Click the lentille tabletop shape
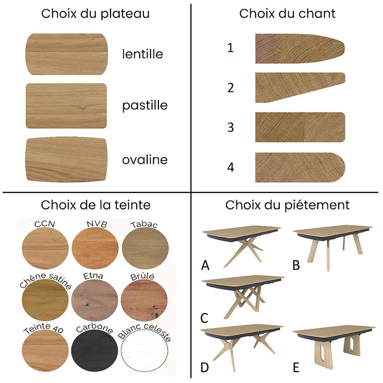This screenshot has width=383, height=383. (x=67, y=54)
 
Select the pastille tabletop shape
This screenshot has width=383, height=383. (x=66, y=106)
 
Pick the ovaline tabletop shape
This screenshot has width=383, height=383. (x=66, y=159)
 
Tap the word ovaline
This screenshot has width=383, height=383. (x=145, y=160)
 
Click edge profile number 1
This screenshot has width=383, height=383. (x=300, y=49)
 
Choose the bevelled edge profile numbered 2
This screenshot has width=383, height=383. (x=300, y=87)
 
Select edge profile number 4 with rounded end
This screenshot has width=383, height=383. (x=300, y=168)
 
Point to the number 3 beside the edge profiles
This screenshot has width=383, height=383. (x=231, y=127)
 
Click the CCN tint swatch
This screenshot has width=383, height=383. (x=45, y=248)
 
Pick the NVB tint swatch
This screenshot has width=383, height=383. (x=95, y=248)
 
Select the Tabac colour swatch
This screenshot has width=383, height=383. (x=145, y=248)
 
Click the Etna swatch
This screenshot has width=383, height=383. (x=95, y=300)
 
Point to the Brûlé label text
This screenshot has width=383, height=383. (x=142, y=277)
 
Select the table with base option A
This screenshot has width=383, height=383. (x=242, y=246)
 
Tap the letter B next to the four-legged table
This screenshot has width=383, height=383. (x=296, y=265)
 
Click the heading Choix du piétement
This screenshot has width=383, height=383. (x=287, y=205)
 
